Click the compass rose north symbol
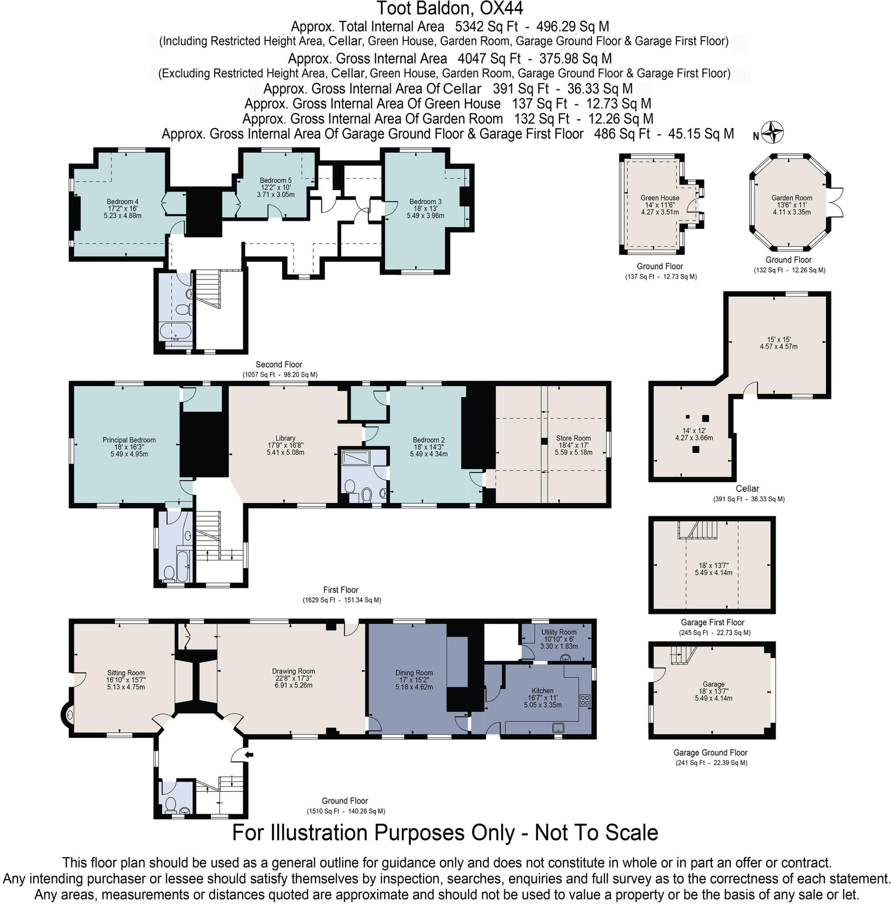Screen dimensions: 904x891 (x=772, y=132)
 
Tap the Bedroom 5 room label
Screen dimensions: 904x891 (x=275, y=181)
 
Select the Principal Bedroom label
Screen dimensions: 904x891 (x=129, y=440)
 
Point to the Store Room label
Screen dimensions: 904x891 (x=573, y=438)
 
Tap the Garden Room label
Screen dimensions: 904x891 (x=791, y=198)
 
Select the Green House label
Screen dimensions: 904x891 (x=659, y=198)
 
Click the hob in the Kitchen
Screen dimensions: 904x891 (x=585, y=701)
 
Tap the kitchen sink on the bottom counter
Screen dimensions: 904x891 (x=558, y=727)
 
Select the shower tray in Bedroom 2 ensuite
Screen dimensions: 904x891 (x=355, y=457)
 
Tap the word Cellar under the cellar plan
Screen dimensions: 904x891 (x=747, y=489)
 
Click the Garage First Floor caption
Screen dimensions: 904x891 (x=712, y=622)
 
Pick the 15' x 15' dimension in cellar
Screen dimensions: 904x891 (x=778, y=340)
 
